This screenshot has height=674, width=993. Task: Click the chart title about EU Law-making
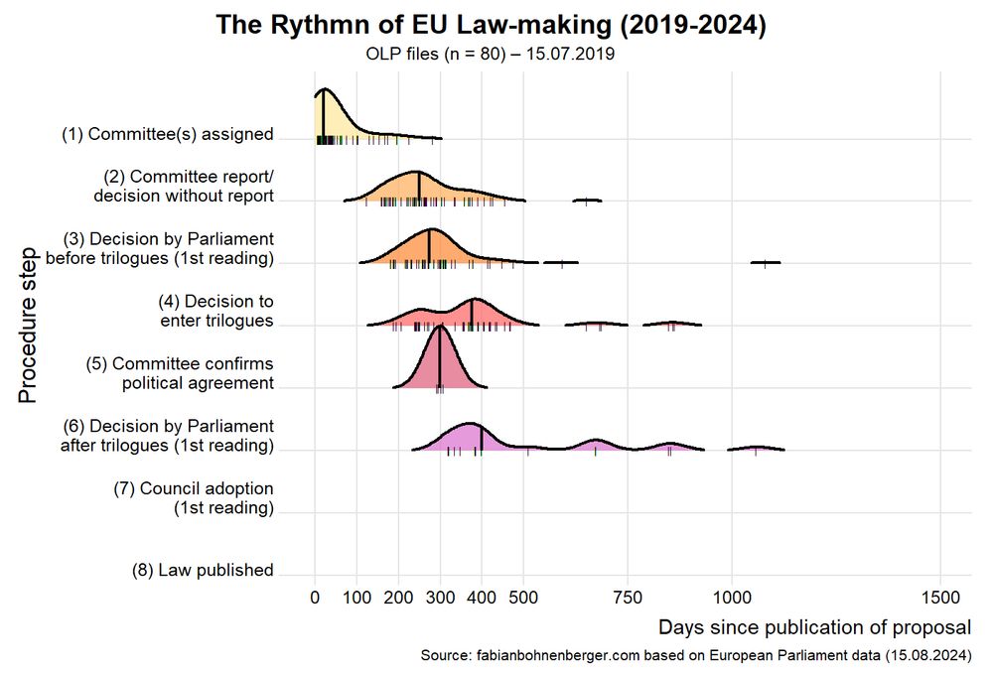coord(491,25)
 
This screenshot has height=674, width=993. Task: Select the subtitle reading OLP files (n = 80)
coord(491,55)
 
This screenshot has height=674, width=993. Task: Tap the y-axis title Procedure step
coord(28,318)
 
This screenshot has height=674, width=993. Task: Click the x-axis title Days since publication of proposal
coord(814,627)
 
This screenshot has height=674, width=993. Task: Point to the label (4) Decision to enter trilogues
coord(215,311)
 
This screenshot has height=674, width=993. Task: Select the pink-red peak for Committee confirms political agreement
coord(440,357)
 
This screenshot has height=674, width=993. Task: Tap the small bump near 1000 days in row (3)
coord(765,262)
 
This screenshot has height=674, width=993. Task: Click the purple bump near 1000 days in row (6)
coord(756,448)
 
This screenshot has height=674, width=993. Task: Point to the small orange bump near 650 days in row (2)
coord(587,200)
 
